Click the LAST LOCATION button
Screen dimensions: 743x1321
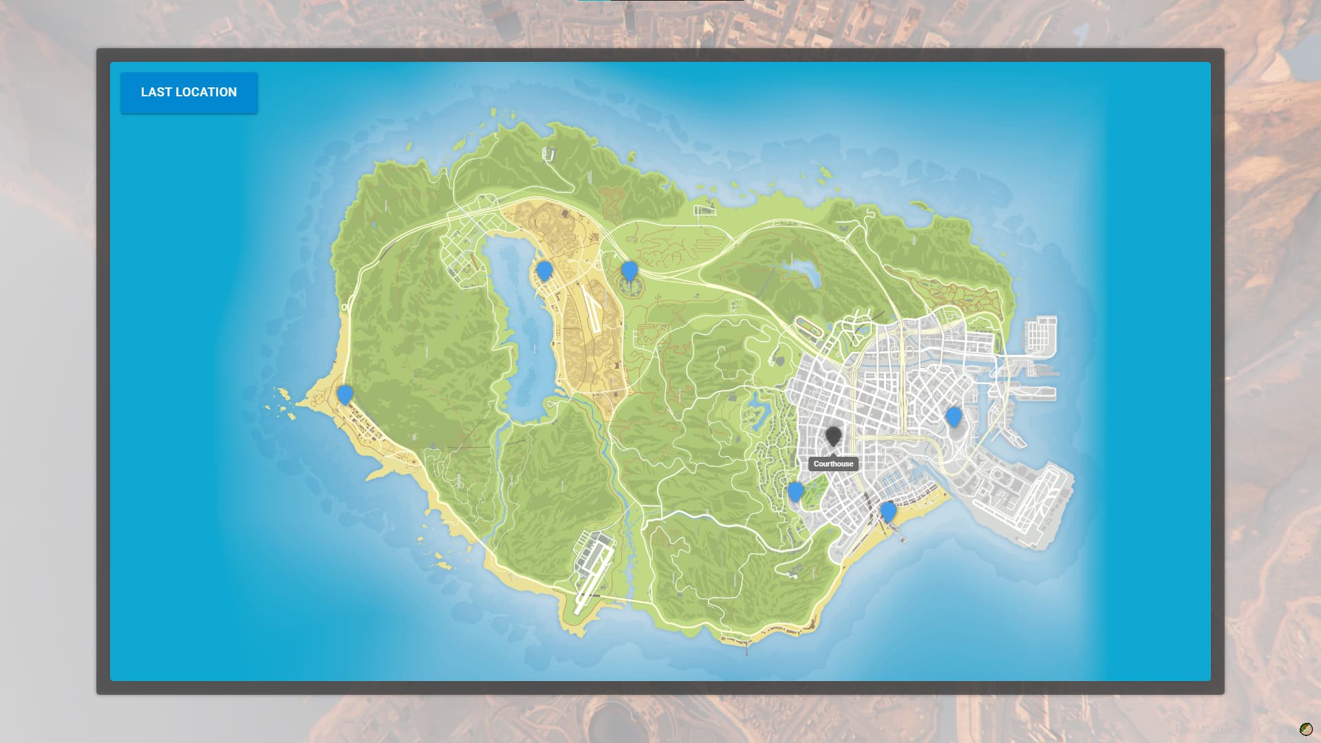click(189, 92)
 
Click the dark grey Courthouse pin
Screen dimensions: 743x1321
click(833, 435)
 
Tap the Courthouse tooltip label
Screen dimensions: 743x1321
click(833, 464)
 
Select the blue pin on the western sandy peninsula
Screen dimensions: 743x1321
click(345, 394)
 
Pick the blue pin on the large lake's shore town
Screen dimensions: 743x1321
click(544, 270)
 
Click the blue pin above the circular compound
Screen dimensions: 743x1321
click(629, 271)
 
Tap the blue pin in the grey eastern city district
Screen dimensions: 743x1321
click(953, 416)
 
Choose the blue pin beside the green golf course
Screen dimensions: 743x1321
click(795, 491)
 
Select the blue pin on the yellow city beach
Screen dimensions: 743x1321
click(888, 511)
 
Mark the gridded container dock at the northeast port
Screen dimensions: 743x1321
click(1040, 335)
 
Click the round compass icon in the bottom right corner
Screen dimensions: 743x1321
click(1305, 729)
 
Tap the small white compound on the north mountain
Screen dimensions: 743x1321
click(548, 154)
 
